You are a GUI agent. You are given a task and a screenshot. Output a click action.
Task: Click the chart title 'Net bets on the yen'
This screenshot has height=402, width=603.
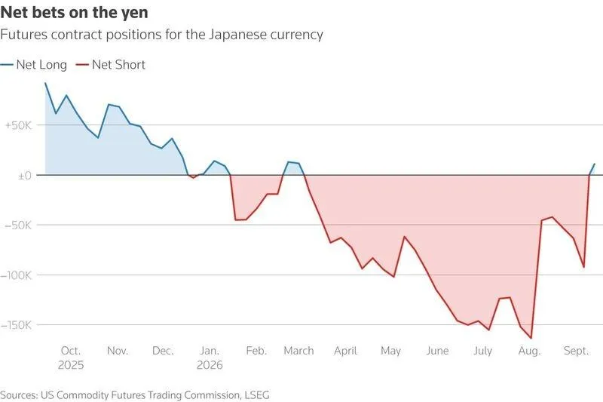pyautogui.click(x=74, y=13)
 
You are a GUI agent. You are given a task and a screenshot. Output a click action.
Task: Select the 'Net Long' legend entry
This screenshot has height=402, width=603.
pyautogui.click(x=34, y=65)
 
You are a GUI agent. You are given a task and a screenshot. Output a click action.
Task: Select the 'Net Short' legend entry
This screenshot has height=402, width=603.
pyautogui.click(x=111, y=65)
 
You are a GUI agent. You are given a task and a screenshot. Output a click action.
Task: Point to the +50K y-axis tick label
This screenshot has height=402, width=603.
pyautogui.click(x=17, y=125)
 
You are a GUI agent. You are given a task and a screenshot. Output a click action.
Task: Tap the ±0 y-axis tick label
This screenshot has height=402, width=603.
pyautogui.click(x=25, y=176)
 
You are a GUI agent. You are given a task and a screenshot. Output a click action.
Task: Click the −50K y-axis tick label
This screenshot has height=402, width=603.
pyautogui.click(x=17, y=226)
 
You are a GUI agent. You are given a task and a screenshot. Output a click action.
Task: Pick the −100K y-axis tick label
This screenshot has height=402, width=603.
pyautogui.click(x=16, y=275)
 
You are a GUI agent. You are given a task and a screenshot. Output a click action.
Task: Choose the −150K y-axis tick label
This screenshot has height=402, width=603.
pyautogui.click(x=16, y=326)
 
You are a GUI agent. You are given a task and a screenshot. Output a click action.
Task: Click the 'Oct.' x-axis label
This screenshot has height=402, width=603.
pyautogui.click(x=71, y=351)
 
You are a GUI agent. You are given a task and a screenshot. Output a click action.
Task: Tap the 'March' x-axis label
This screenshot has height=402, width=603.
pyautogui.click(x=298, y=351)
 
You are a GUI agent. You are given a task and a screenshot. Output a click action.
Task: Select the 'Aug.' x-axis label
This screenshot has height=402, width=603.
pyautogui.click(x=530, y=351)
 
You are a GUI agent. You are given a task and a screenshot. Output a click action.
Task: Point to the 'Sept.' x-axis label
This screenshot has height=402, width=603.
pyautogui.click(x=576, y=351)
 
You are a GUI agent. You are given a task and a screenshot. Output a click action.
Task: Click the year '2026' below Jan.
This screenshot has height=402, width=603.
pyautogui.click(x=210, y=365)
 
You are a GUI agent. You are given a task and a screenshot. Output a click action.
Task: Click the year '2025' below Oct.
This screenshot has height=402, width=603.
pyautogui.click(x=71, y=365)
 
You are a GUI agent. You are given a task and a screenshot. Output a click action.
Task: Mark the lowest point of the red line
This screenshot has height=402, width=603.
pyautogui.click(x=531, y=338)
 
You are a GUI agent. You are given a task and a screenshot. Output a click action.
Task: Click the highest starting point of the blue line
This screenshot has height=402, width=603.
pyautogui.click(x=45, y=83)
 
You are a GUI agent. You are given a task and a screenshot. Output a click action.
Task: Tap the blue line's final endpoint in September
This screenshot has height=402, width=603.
pyautogui.click(x=595, y=164)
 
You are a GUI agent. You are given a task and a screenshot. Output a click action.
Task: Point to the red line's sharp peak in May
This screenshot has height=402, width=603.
pyautogui.click(x=404, y=237)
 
